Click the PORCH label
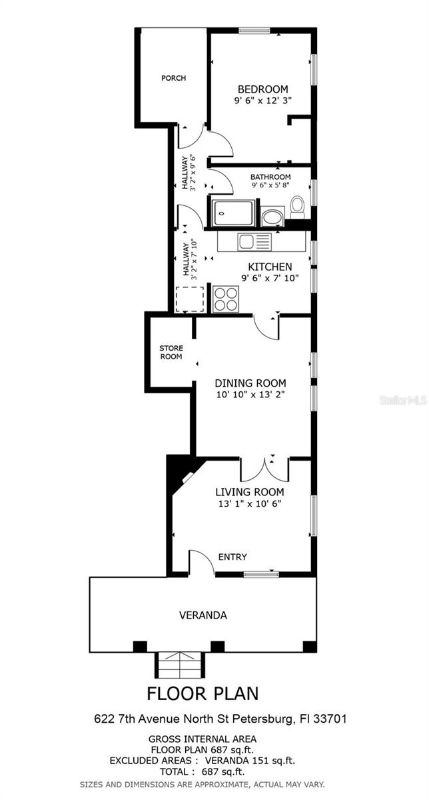173,78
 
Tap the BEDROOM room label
263,89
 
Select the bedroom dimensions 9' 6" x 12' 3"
263,101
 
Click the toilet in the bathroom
297,207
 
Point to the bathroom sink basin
271,217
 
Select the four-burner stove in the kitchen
225,298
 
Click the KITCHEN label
270,267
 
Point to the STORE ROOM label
171,352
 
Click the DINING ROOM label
250,383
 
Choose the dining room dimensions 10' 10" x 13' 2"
250,395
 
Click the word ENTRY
232,557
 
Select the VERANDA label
203,615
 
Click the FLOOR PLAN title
203,693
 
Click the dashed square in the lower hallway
189,299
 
